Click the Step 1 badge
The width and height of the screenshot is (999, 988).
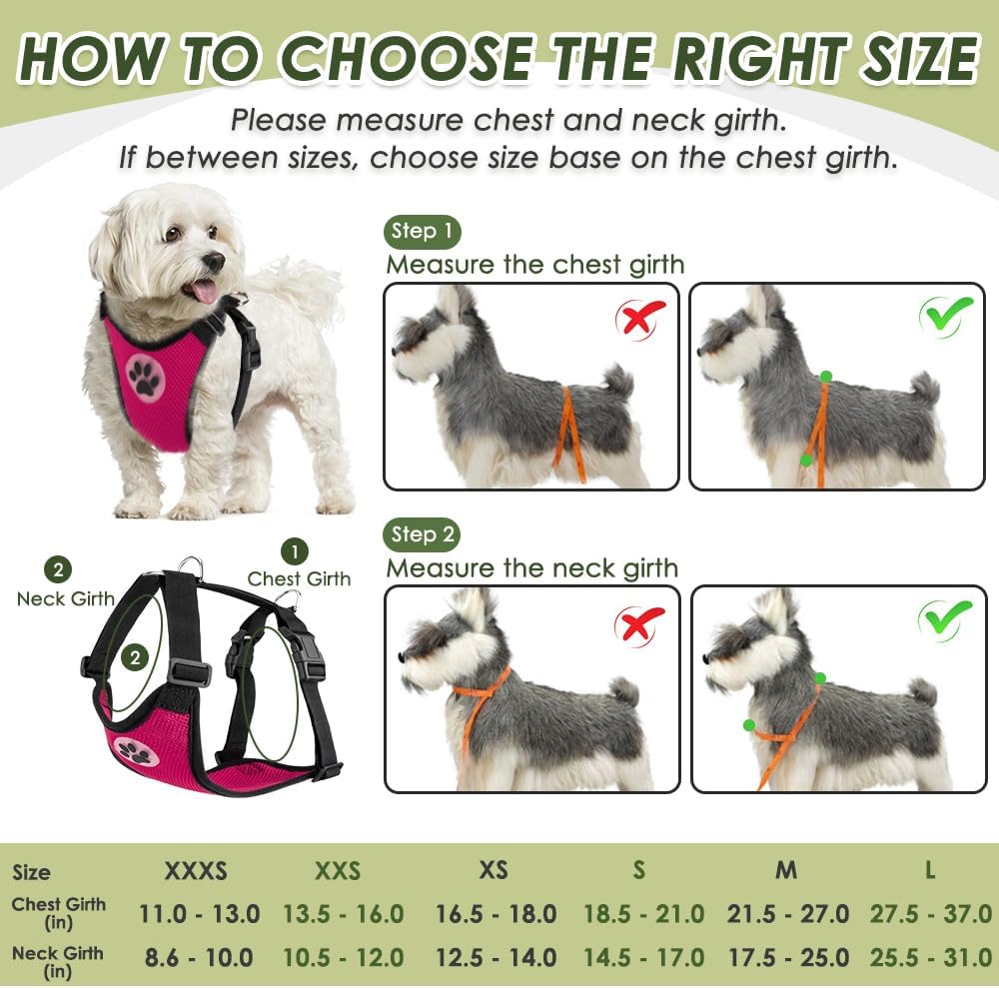coord(422,232)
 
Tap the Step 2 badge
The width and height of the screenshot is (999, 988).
coord(422,534)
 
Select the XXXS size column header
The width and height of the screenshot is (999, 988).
coord(196,870)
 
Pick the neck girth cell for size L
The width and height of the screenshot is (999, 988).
coord(929,957)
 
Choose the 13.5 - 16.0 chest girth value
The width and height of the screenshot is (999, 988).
coord(343,913)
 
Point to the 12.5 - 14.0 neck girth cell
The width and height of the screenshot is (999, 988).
coord(496,957)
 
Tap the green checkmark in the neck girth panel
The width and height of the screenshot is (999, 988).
coord(945,619)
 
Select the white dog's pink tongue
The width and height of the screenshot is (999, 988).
coord(204,291)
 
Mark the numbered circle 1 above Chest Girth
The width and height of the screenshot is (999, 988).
coord(294,550)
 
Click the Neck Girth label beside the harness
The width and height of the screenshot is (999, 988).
coord(66,599)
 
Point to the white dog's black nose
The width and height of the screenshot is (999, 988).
coord(213,262)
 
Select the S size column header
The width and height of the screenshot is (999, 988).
coord(638,870)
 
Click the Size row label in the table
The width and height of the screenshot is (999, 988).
coord(31,872)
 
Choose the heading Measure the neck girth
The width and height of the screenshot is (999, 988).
coord(531,568)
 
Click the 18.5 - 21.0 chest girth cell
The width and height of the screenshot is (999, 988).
coord(643,913)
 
